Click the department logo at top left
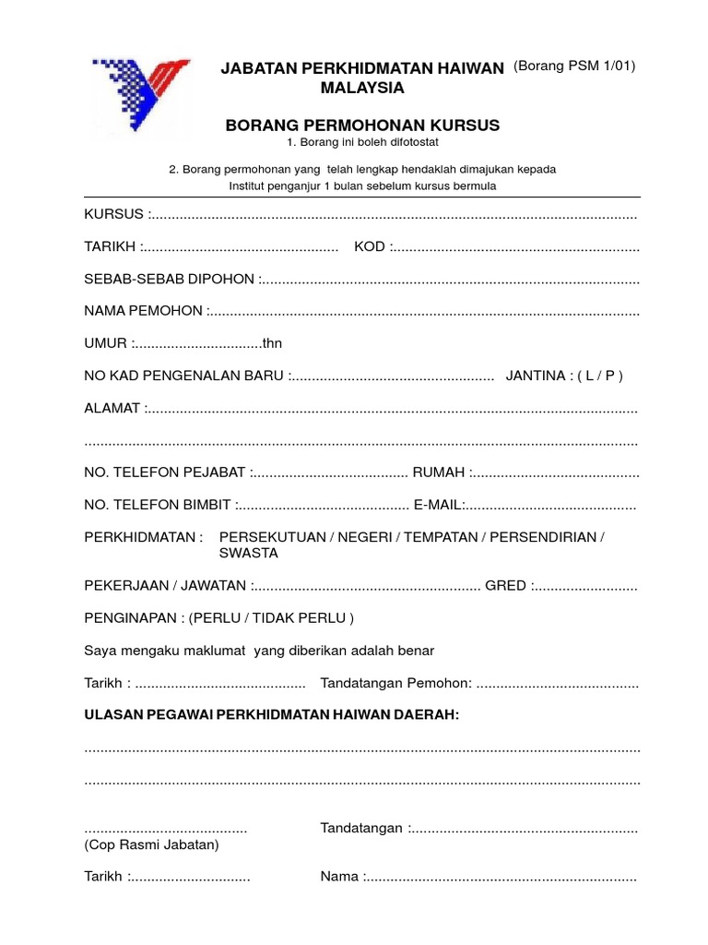tap(139, 97)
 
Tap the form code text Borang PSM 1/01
tap(574, 66)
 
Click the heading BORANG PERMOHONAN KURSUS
tap(362, 125)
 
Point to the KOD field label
tap(371, 247)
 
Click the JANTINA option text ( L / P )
tap(600, 376)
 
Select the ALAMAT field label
tap(112, 408)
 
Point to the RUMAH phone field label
tap(439, 472)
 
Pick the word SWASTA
tap(248, 553)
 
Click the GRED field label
tap(505, 585)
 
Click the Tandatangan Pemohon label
tap(395, 683)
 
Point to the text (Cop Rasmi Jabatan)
tap(151, 844)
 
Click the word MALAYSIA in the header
tap(362, 89)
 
